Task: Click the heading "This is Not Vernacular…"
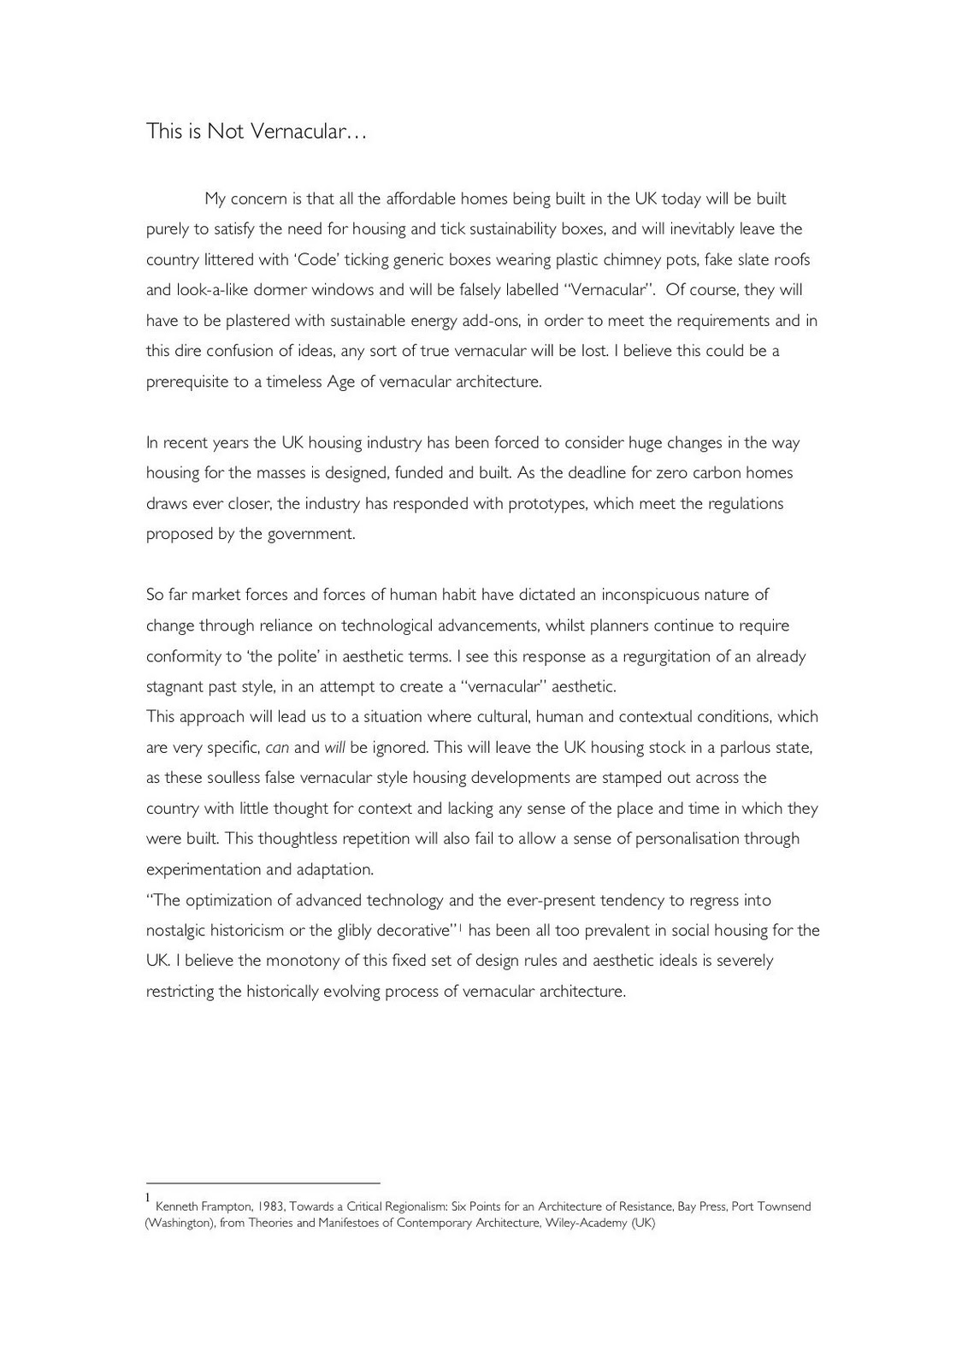[x=256, y=132]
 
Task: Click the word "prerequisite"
[x=187, y=382]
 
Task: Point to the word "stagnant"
[x=174, y=687]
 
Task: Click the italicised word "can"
[x=277, y=748]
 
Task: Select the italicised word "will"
[x=334, y=748]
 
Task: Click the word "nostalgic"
[x=178, y=931]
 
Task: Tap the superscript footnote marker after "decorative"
[x=460, y=927]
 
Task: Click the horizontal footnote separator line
[x=263, y=1183]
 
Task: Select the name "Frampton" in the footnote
[x=226, y=1206]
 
